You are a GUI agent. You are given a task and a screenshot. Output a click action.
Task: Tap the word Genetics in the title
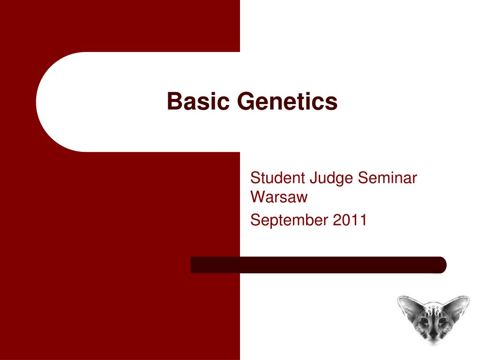pyautogui.click(x=287, y=101)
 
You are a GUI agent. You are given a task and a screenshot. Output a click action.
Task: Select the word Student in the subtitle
pyautogui.click(x=277, y=178)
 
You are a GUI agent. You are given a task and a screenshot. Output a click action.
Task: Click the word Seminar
pyautogui.click(x=388, y=178)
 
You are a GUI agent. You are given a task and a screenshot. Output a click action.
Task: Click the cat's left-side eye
pyautogui.click(x=424, y=321)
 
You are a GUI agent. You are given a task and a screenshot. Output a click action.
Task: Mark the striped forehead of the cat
pyautogui.click(x=433, y=310)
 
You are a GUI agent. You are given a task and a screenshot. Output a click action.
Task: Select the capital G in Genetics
pyautogui.click(x=247, y=101)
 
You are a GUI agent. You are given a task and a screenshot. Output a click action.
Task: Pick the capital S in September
pyautogui.click(x=255, y=220)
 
